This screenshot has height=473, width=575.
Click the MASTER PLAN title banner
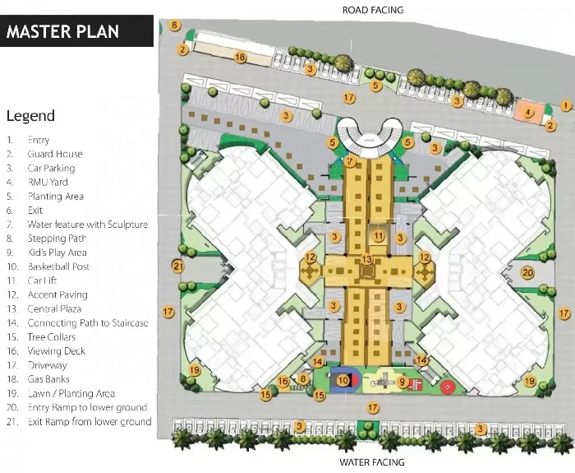(76, 31)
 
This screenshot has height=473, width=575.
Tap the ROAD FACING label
(373, 10)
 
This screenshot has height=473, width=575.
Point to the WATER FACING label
(372, 462)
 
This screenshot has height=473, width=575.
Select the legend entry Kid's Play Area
(57, 253)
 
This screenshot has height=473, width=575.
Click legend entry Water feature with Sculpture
(88, 225)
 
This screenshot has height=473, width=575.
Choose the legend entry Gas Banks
(48, 379)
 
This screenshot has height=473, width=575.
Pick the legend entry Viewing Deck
(57, 351)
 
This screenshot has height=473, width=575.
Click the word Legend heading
(31, 116)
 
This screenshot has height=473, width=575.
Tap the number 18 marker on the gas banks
(240, 58)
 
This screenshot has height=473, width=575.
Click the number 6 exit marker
(175, 26)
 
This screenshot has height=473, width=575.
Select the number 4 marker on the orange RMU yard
(527, 113)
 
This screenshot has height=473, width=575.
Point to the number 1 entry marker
(566, 106)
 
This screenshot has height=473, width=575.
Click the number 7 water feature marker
(350, 161)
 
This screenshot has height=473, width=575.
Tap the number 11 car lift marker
(379, 236)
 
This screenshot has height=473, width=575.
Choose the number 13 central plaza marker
(366, 260)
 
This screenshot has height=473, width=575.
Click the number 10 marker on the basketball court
(343, 380)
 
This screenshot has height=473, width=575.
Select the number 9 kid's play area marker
(402, 383)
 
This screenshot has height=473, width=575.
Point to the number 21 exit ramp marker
(178, 267)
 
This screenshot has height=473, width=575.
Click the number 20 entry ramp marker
(527, 273)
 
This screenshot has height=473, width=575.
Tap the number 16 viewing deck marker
(283, 381)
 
